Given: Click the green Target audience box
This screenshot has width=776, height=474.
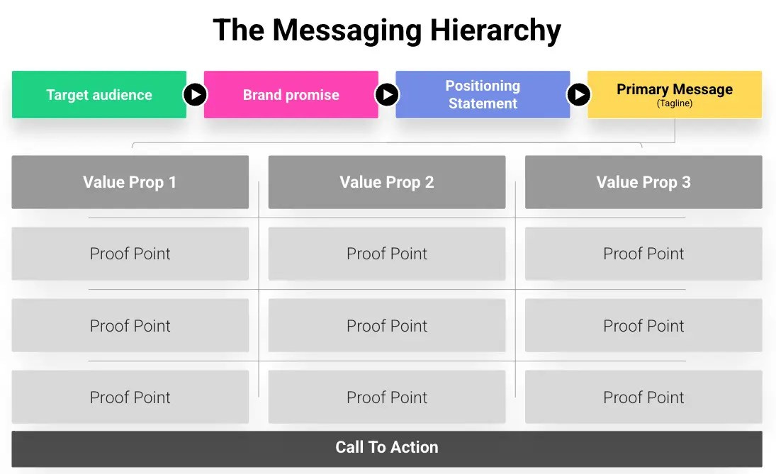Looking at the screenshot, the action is point(99,94).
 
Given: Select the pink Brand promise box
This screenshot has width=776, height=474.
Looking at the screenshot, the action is point(291,94).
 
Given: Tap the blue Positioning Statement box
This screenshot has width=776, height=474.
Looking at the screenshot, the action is point(483,94).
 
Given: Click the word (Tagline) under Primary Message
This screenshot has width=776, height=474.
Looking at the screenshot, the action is point(674,103).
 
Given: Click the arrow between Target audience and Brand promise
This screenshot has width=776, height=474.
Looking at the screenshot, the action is point(195,94).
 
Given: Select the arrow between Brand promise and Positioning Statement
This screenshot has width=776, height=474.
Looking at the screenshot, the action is point(386,94).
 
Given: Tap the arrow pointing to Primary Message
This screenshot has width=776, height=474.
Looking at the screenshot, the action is point(578,94).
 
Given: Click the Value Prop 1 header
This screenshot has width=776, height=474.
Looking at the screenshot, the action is point(130,182).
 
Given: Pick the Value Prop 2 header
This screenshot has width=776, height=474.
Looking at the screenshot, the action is point(386,182).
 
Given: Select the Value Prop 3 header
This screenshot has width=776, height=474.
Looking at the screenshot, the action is point(643,182).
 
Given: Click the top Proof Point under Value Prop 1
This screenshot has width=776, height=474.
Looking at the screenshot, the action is point(130,254).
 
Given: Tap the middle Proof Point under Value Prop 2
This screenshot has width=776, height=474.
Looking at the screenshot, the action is point(386,325).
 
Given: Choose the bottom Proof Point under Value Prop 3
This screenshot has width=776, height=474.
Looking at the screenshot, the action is point(643,397).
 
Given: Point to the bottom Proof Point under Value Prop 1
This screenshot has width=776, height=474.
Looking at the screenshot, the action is point(130,397).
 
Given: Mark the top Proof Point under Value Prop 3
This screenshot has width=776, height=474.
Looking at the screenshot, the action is point(643,254).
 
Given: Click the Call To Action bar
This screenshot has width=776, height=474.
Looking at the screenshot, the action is point(386,447).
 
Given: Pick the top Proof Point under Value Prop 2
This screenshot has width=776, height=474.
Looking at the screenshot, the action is point(386,254).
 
